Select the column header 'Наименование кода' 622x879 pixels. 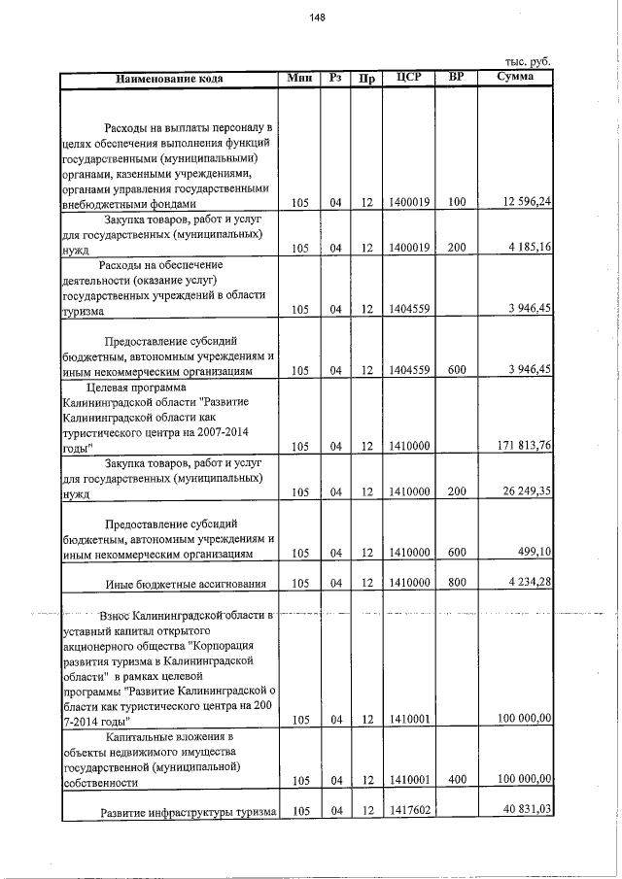[169, 78]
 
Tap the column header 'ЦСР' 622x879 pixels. [408, 78]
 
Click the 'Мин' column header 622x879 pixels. [300, 78]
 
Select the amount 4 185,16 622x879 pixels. [530, 248]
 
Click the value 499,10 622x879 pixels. [534, 553]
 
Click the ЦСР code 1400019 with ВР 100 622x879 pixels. [409, 203]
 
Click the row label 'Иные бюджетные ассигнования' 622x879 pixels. [185, 584]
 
